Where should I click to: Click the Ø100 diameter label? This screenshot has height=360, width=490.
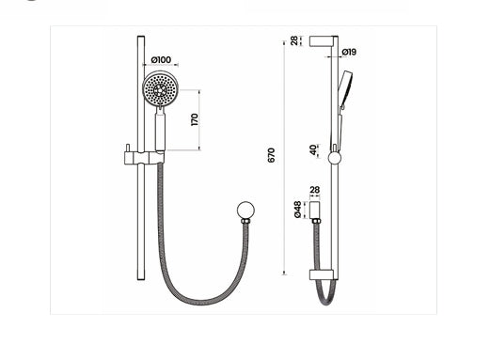point(161,60)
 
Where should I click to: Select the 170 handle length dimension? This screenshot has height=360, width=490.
point(194,119)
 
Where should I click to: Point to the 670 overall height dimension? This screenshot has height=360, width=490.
point(271,156)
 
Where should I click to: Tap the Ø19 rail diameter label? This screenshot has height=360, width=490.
point(348,51)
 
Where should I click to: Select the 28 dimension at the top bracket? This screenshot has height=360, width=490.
point(293,41)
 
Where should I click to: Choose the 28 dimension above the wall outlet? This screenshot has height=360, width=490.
point(314,190)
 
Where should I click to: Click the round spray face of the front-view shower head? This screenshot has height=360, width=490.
point(159,90)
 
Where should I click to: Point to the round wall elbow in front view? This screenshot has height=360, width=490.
point(245,211)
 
